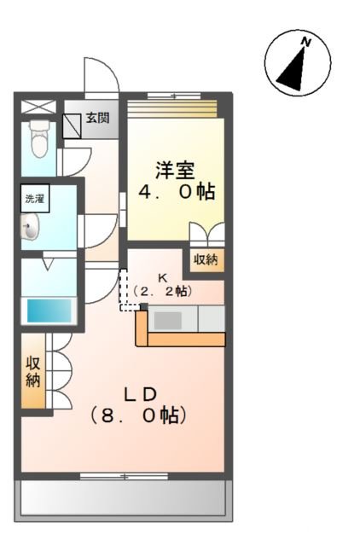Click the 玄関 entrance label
pyautogui.click(x=97, y=119)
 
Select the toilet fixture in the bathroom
pyautogui.click(x=37, y=137)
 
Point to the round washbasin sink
pyautogui.click(x=32, y=229)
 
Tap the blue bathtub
pyautogui.click(x=49, y=310)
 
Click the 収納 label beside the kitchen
pyautogui.click(x=206, y=259)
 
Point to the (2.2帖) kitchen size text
pyautogui.click(x=165, y=291)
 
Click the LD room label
pyautogui.click(x=140, y=394)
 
